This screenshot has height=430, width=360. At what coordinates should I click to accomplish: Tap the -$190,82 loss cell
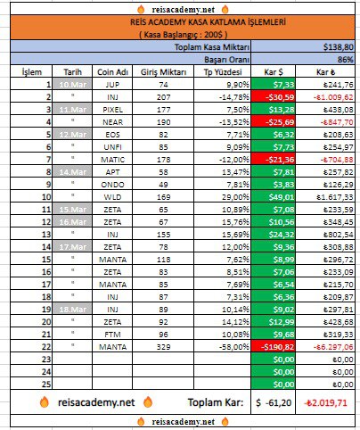coord(274,343)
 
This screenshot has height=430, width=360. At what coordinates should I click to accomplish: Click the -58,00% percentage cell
coord(218,343)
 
